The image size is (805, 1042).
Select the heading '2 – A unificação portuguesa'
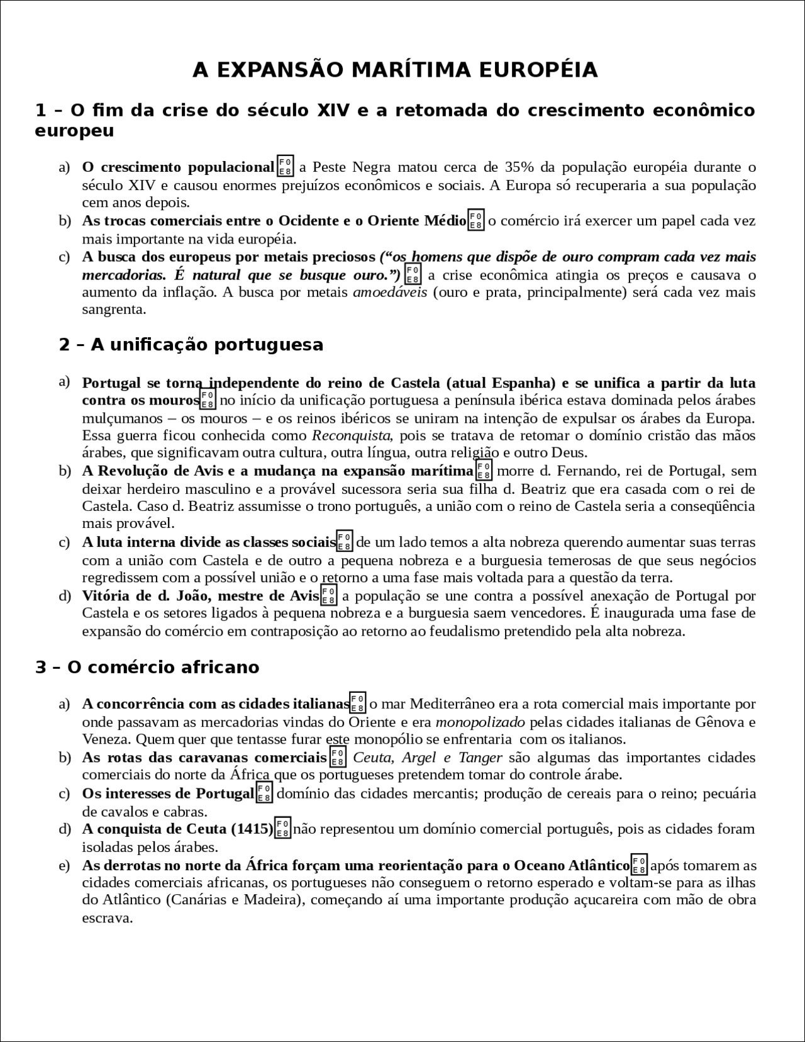[x=191, y=345]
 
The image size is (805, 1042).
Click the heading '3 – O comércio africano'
[x=147, y=667]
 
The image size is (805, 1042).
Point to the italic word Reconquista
[x=352, y=435]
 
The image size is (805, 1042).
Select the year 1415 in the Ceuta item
[x=252, y=829]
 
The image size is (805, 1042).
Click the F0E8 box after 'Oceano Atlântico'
[x=639, y=865]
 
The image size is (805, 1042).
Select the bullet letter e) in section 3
[x=64, y=865]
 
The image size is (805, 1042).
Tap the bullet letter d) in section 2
[x=64, y=596]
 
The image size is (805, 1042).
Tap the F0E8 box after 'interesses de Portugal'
[x=264, y=793]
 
